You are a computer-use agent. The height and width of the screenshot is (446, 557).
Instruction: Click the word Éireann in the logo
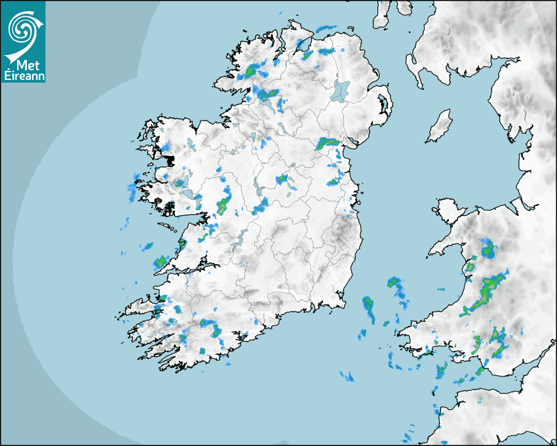pos(23,76)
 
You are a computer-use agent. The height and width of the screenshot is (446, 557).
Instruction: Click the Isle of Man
pos(440,127)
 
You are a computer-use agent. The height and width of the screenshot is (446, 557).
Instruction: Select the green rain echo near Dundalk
pos(328,142)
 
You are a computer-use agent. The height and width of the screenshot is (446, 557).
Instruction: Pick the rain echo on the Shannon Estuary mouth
pos(159,263)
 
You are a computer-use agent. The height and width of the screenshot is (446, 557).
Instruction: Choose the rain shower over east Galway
pos(223,205)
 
